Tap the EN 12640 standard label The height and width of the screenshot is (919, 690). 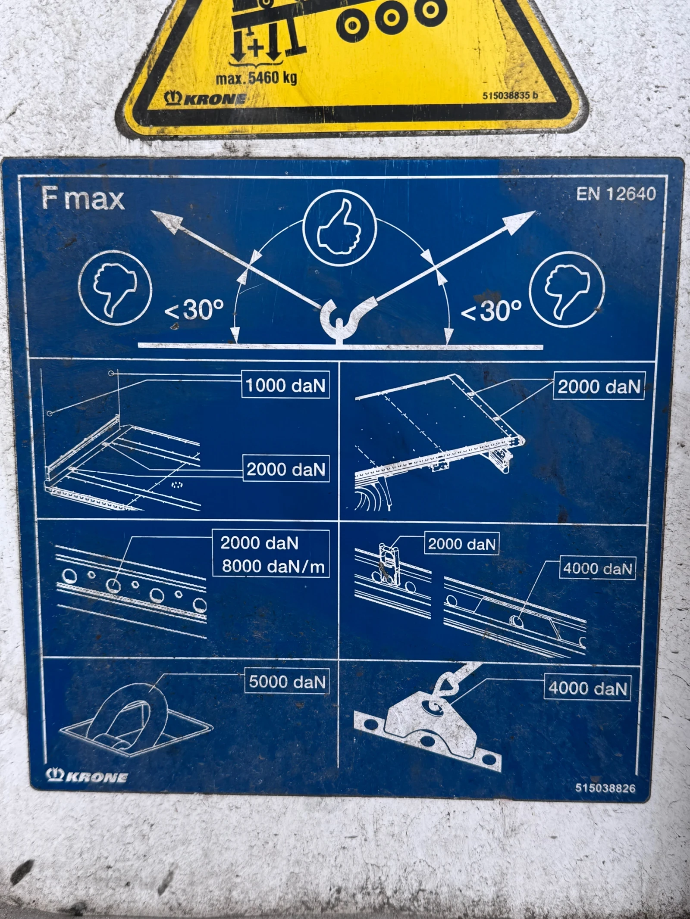[x=616, y=194]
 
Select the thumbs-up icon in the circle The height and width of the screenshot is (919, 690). [x=339, y=227]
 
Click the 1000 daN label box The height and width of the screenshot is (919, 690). [x=285, y=384]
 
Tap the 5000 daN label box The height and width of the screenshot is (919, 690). [x=287, y=682]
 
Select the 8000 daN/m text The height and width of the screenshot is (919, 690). [x=273, y=566]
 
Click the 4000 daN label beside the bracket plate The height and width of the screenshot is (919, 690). [x=587, y=688]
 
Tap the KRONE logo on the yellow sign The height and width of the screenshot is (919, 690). [x=205, y=99]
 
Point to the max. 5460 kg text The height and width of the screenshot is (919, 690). [x=256, y=78]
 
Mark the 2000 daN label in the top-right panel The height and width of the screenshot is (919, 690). [x=599, y=386]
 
